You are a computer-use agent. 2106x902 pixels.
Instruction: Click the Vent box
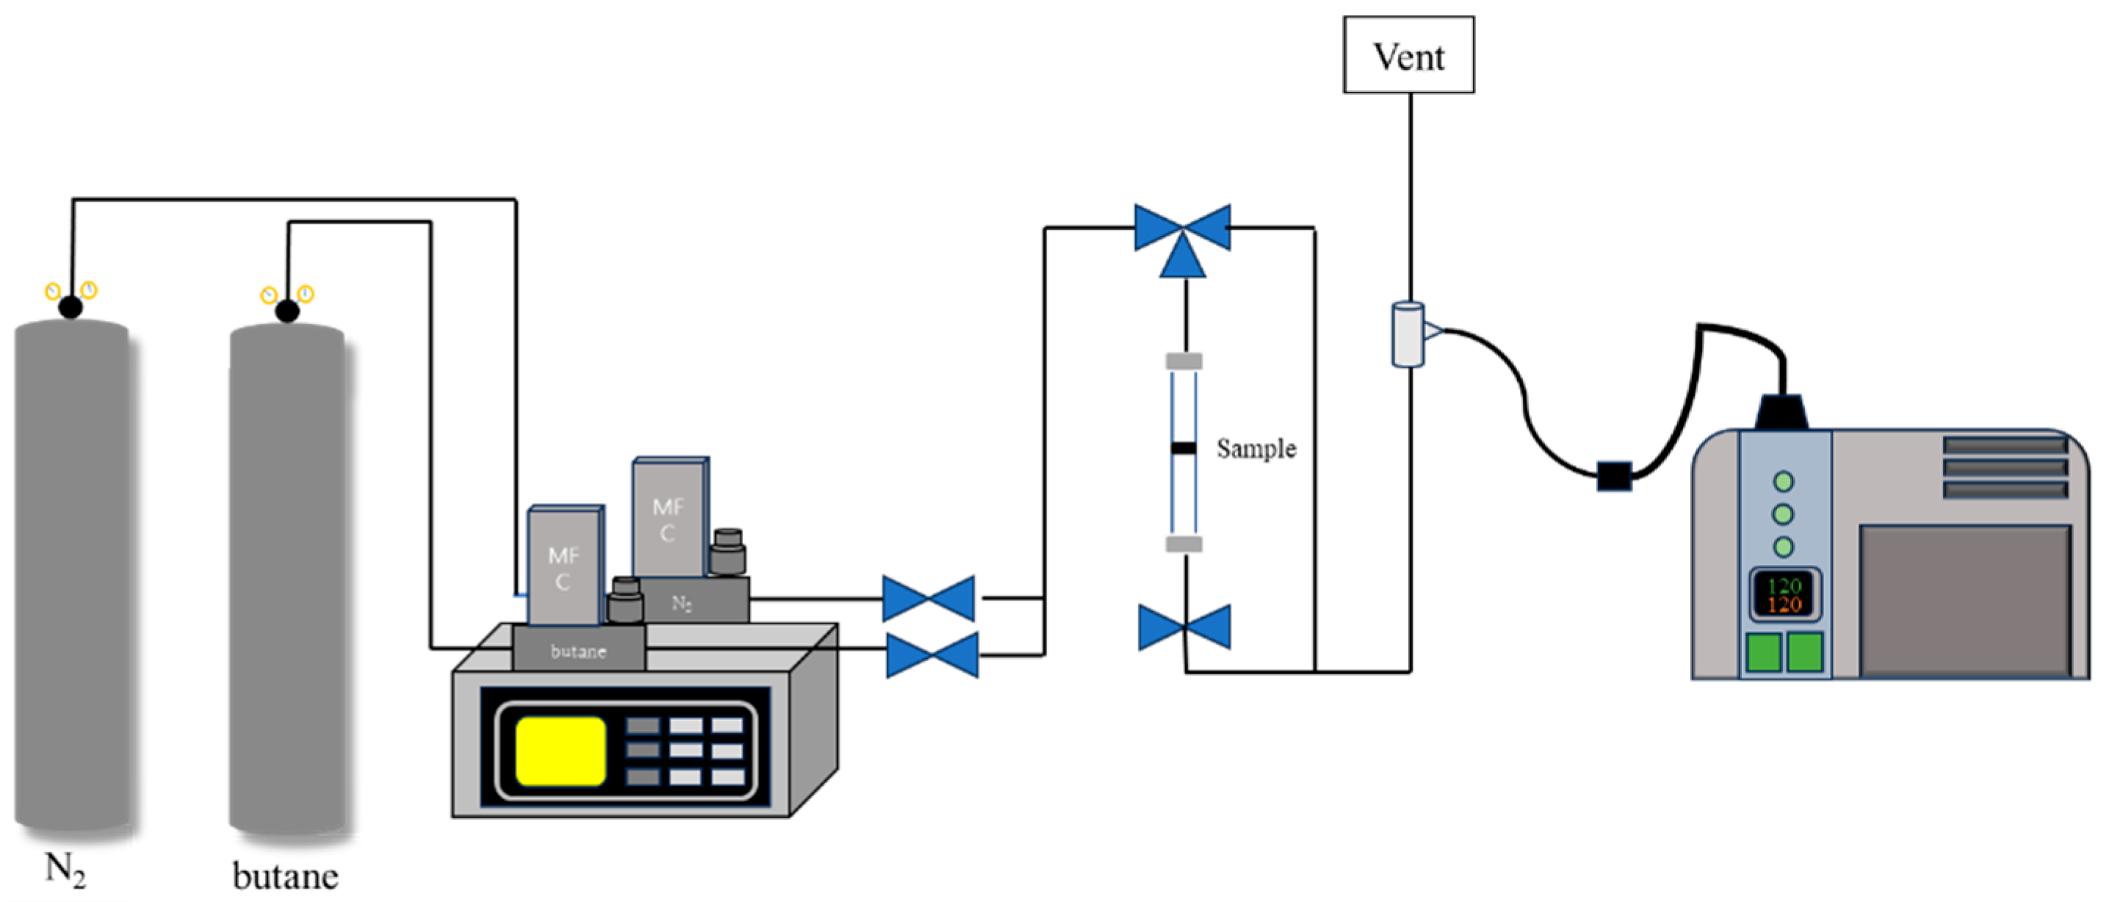pos(1408,55)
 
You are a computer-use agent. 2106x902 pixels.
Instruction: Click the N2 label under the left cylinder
pos(65,869)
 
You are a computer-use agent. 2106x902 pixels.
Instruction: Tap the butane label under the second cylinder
pos(286,876)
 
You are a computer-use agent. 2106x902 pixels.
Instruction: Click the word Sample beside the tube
pos(1255,448)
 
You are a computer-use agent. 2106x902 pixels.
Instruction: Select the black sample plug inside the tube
pos(1183,447)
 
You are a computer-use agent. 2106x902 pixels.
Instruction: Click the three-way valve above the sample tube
pos(1182,237)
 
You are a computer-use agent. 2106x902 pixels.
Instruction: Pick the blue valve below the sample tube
pos(1184,628)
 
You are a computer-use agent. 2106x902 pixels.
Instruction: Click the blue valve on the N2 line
pos(928,598)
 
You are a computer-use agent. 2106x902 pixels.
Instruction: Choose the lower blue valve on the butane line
pos(932,655)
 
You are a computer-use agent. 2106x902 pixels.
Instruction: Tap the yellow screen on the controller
pos(561,750)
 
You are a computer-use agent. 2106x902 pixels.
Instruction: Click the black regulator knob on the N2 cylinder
pos(71,308)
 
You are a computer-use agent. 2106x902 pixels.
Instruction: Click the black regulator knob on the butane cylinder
pos(287,311)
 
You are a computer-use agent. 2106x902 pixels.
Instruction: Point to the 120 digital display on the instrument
pos(1784,594)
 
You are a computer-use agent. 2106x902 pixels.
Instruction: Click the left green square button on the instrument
pos(1764,652)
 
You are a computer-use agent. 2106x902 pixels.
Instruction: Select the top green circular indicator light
pos(1783,482)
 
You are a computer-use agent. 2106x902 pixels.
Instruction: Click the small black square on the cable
pos(1614,476)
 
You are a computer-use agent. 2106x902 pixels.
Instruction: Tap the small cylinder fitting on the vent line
pos(1407,333)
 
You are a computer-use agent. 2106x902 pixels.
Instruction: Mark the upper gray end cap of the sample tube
pos(1183,361)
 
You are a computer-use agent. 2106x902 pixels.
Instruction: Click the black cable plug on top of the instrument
pos(1781,411)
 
